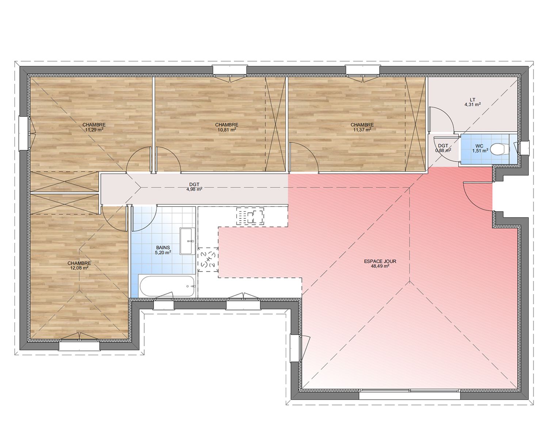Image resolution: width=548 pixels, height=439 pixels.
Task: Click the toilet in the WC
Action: [499, 149]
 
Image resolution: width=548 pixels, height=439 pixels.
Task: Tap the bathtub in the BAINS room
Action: [167, 286]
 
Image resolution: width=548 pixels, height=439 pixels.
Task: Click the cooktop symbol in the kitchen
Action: [250, 216]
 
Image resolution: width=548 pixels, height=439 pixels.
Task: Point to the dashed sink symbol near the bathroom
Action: [208, 259]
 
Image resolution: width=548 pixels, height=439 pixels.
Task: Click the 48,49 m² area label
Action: [380, 266]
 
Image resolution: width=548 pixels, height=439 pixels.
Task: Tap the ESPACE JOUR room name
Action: [380, 261]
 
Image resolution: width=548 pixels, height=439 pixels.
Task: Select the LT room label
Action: [473, 100]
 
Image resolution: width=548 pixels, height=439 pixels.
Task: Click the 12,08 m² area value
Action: [79, 268]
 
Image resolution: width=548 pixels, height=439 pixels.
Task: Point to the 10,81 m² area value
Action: [227, 130]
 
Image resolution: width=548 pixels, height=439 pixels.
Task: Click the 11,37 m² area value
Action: [362, 130]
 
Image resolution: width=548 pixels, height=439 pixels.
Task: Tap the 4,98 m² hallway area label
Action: [194, 189]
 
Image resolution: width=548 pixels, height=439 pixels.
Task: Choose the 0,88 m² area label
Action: [443, 150]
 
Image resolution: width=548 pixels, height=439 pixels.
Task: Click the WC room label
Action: [479, 146]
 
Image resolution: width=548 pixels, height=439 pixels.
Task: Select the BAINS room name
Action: [163, 247]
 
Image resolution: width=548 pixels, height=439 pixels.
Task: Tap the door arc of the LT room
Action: [446, 115]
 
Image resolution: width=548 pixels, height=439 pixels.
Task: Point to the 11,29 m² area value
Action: [94, 130]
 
